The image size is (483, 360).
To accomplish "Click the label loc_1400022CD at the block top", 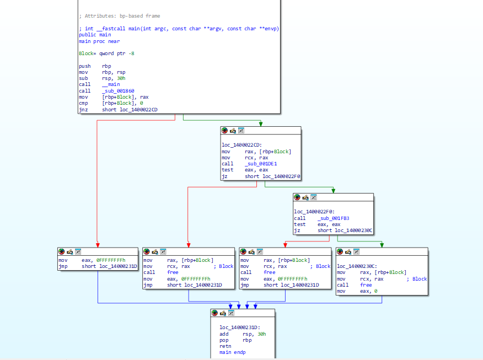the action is tap(241, 145).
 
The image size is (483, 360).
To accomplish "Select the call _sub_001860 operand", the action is tap(118, 91).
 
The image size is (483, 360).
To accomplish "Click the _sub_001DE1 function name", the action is tap(261, 164).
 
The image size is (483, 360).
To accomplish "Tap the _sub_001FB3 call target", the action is tap(333, 218).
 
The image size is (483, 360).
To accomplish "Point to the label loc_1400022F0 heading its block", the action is tap(314, 212).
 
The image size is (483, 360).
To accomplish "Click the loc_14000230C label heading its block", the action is tap(357, 266).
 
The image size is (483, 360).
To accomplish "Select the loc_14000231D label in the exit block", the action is tap(240, 327).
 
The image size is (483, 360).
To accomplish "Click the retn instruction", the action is tap(225, 346).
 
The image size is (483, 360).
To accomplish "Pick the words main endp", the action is tap(232, 352).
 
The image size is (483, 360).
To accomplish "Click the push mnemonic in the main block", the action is tap(85, 66).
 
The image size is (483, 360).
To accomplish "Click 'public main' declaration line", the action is tap(95, 35).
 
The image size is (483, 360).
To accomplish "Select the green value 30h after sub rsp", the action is tap(121, 78).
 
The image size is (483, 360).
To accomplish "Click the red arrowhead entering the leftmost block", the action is tap(98, 245).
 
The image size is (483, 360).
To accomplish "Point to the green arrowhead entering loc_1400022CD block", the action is tap(261, 124).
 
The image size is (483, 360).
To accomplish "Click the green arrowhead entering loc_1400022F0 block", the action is tap(333, 191).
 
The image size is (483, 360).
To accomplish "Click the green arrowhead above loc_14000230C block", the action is tap(382, 245).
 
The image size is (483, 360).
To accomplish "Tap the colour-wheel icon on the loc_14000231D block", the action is tap(214, 313).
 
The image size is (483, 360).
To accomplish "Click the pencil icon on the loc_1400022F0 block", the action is tap(305, 197).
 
